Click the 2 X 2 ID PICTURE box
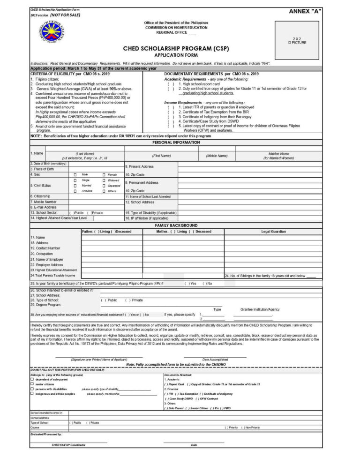[x=297, y=41]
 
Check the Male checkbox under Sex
[x=75, y=174]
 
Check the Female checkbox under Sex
[x=104, y=174]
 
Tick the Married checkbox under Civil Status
[x=75, y=186]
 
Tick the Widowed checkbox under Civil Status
[x=104, y=180]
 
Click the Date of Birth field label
[x=49, y=164]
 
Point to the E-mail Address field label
[x=44, y=207]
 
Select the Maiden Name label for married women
[x=278, y=156]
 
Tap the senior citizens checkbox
[x=32, y=384]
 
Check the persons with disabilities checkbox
[x=32, y=389]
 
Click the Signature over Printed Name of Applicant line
[x=99, y=359]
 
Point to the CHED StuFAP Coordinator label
[x=68, y=444]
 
